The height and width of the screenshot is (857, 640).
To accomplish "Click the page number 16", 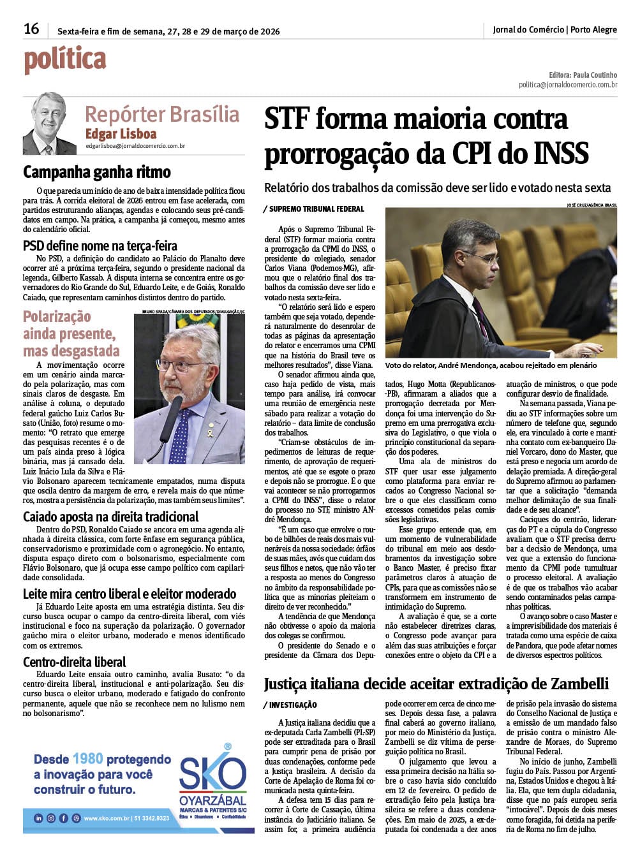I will click(31, 29).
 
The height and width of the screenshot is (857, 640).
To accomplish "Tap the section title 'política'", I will click(64, 60).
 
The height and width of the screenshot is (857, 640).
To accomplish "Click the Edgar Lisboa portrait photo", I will click(50, 124).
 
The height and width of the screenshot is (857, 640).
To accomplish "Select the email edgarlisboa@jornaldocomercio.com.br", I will click(135, 146).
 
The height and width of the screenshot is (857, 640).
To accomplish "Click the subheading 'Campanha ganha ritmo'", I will click(97, 172).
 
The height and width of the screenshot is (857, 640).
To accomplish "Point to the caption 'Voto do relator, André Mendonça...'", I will click(491, 365).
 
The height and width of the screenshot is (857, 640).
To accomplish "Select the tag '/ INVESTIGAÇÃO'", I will click(290, 705).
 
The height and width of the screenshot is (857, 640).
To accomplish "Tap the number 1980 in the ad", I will click(87, 759).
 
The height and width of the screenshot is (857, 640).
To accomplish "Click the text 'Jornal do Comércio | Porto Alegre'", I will click(554, 29).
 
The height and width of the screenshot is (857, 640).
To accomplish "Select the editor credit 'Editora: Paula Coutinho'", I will click(583, 75).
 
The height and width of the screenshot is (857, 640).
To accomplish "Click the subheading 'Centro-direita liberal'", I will click(75, 662).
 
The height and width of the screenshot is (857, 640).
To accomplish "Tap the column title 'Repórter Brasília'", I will click(162, 115).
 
